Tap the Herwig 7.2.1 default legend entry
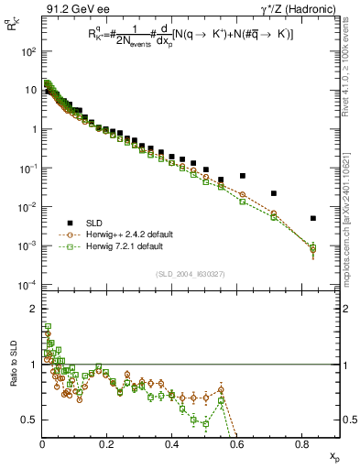click(x=122, y=246)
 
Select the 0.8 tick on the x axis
click(x=302, y=443)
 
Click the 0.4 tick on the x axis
click(x=172, y=443)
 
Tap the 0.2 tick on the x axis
click(x=107, y=443)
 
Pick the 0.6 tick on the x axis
click(x=237, y=443)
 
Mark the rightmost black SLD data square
click(x=313, y=218)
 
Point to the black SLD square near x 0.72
click(x=274, y=193)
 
